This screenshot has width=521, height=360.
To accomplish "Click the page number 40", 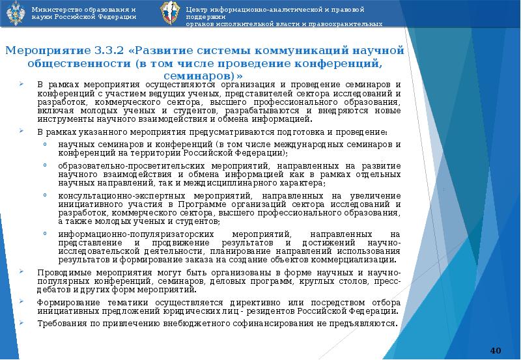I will tap(495, 351).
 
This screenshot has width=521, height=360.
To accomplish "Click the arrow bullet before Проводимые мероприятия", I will tap(22, 272).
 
